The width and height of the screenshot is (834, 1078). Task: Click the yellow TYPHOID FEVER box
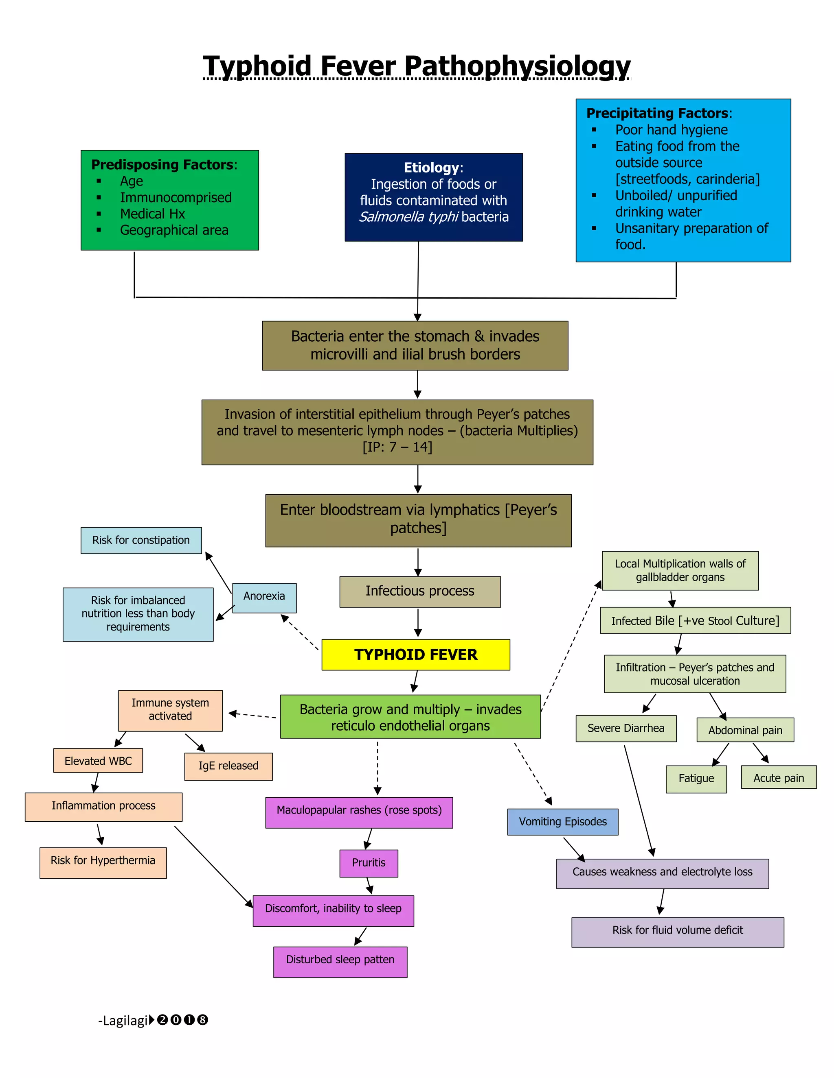[415, 655]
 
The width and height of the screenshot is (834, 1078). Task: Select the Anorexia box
[264, 597]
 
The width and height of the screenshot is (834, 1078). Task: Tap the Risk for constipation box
[141, 540]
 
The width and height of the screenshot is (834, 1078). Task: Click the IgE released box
[228, 766]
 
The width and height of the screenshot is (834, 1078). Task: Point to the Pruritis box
[369, 863]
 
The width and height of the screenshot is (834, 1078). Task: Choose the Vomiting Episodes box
[562, 822]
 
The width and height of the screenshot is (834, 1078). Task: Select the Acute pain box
[779, 777]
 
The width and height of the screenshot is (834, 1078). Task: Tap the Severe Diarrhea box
[626, 729]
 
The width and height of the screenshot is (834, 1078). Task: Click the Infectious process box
[420, 591]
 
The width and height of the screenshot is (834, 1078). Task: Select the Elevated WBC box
[98, 761]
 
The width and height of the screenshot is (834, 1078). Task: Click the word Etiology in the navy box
[431, 168]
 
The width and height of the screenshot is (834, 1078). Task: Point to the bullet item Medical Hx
[152, 214]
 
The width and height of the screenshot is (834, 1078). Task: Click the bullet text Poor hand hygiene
[671, 130]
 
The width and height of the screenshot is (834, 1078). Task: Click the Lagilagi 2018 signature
[153, 1020]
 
